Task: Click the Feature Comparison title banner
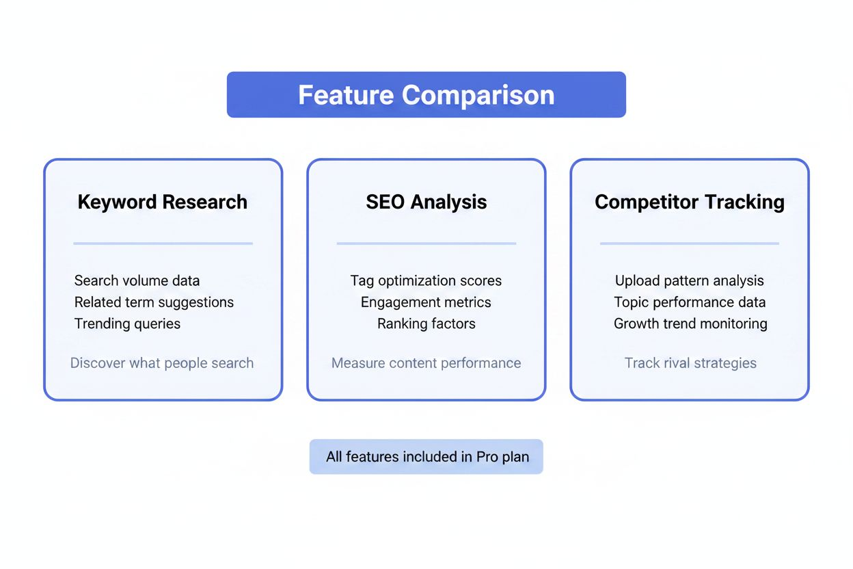pos(426,94)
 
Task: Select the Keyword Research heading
pos(163,202)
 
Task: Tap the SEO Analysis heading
pos(426,202)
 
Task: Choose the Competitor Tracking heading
pos(689,202)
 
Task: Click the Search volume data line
pos(137,280)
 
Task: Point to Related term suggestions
pos(154,302)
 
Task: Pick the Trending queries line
pos(127,323)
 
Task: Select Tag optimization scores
pos(426,280)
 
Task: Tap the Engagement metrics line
pos(426,302)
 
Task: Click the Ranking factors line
pos(426,323)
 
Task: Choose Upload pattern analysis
pos(689,280)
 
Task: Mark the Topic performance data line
pos(689,302)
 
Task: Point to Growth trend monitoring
pos(690,323)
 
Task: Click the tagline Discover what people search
pos(162,363)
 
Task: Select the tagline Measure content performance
pos(426,363)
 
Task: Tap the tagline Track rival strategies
pos(690,363)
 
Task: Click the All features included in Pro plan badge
pos(426,456)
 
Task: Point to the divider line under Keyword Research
pos(163,243)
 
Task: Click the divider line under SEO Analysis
pos(426,243)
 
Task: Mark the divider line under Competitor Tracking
pos(689,243)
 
